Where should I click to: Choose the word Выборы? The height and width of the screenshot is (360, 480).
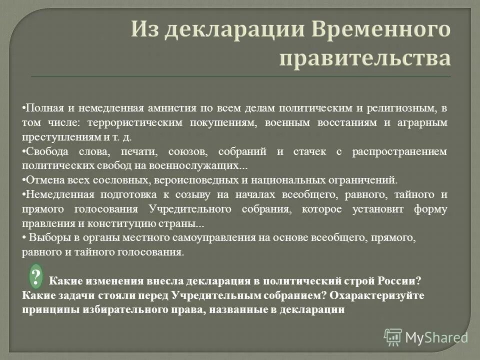click(47, 238)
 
